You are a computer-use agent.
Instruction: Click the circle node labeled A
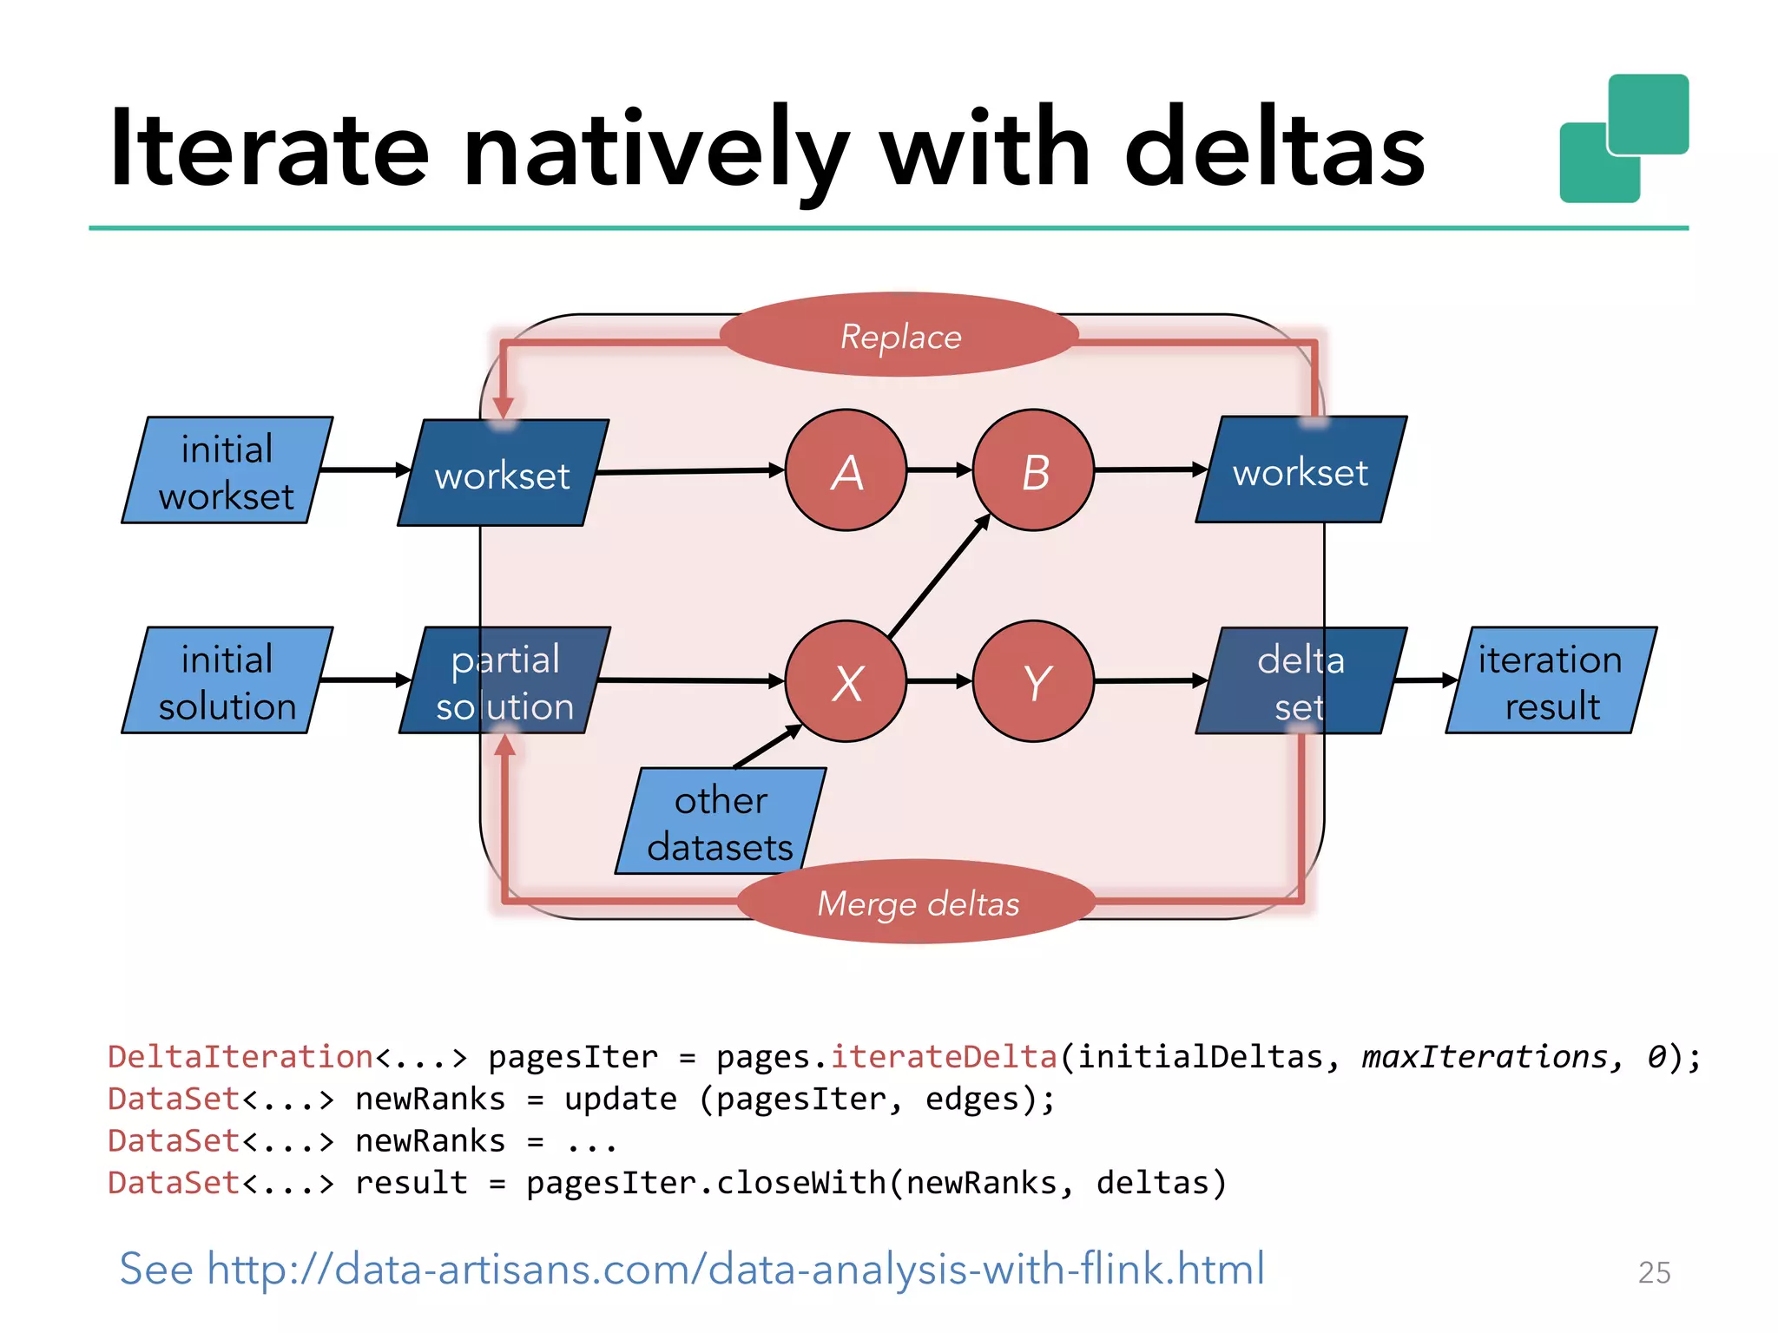(846, 470)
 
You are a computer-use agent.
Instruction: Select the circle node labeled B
(1033, 470)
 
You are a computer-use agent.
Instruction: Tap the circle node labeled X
(846, 681)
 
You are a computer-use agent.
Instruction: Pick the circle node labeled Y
(1033, 681)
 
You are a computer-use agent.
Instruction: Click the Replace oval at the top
(899, 336)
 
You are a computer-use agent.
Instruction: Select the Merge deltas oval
(918, 903)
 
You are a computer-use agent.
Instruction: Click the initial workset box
(227, 470)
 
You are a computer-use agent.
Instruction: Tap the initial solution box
(227, 681)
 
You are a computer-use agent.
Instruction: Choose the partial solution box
(504, 681)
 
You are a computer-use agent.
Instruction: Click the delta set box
(1301, 681)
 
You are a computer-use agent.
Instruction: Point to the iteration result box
(1551, 681)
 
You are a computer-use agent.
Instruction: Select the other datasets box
(721, 821)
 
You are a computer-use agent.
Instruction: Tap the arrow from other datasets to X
(767, 746)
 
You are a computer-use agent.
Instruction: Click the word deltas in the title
(1274, 148)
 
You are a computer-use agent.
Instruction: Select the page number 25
(1654, 1272)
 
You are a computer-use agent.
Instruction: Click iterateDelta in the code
(944, 1057)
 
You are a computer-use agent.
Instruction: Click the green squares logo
(1623, 139)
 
